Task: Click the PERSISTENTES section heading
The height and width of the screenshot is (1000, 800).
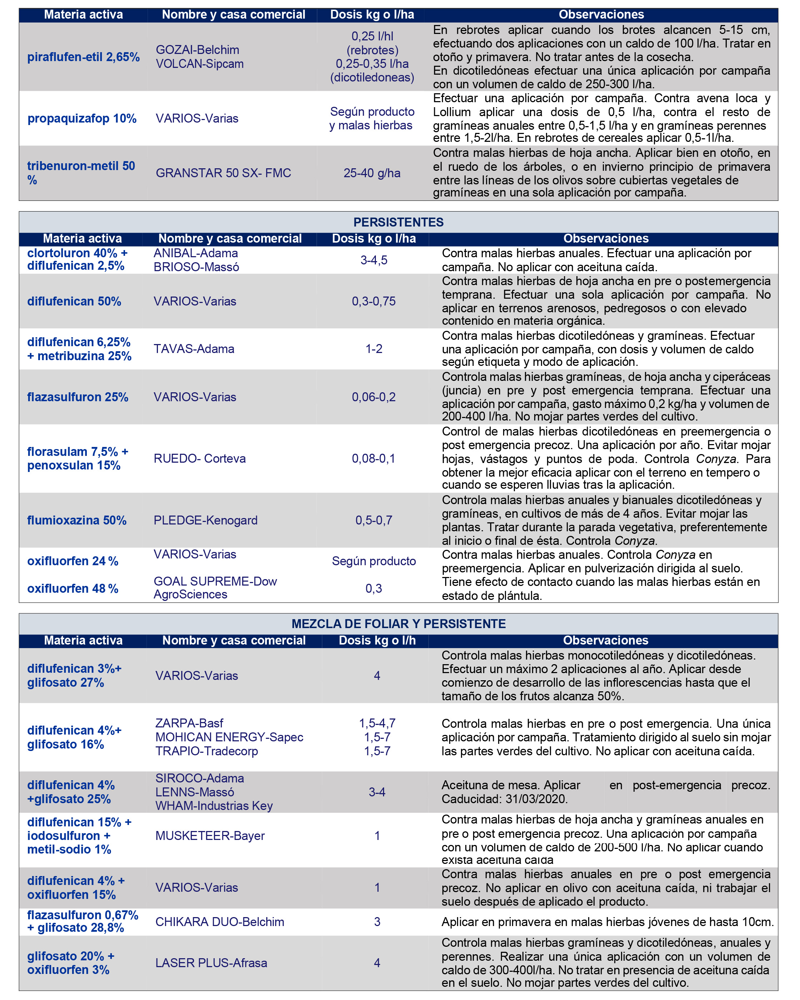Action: (x=398, y=222)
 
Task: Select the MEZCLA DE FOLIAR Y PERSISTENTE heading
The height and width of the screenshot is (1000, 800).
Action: (x=398, y=624)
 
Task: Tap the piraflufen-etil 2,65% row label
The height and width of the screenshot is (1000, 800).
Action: (x=84, y=57)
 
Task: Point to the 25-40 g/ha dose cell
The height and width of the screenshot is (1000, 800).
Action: (x=372, y=173)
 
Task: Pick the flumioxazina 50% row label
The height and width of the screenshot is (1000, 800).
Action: (x=76, y=521)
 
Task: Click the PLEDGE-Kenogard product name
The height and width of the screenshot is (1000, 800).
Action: (x=205, y=521)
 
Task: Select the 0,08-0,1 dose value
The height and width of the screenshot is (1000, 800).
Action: (x=373, y=459)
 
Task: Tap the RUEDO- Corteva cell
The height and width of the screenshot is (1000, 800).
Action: (x=199, y=459)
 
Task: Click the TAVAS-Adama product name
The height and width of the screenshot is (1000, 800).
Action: (x=194, y=349)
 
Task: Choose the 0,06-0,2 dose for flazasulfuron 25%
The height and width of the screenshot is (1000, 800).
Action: (x=373, y=397)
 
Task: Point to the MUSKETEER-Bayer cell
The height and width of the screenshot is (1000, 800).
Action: (x=210, y=836)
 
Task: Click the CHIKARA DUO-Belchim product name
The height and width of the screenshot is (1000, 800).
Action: (x=219, y=922)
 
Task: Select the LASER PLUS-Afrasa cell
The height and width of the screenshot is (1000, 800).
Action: (x=211, y=963)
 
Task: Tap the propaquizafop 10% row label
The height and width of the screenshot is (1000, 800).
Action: (x=81, y=118)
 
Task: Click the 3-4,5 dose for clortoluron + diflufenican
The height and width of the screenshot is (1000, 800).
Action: (x=373, y=260)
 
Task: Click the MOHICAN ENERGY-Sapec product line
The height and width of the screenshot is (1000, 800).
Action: (x=229, y=737)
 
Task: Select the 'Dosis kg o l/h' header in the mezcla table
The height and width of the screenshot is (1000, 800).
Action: (x=377, y=641)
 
